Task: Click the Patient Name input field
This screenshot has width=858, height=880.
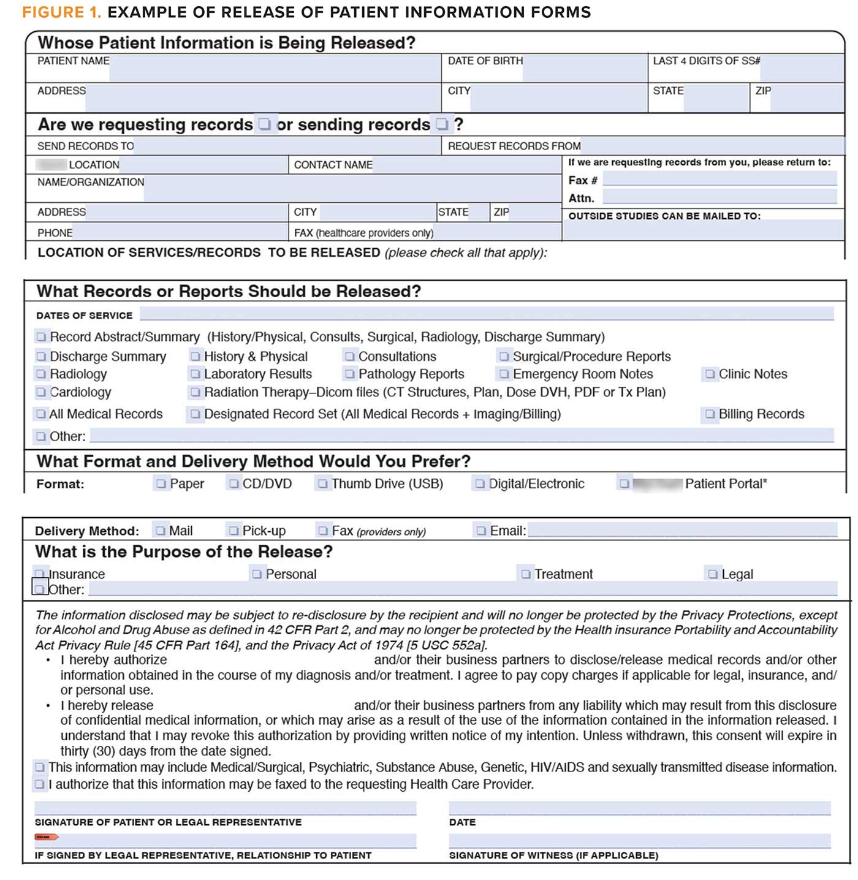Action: click(x=275, y=68)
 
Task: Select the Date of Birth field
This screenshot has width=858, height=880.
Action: click(x=584, y=68)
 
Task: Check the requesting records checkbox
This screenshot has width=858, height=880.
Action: click(x=265, y=124)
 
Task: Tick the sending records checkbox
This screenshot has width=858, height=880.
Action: click(x=442, y=124)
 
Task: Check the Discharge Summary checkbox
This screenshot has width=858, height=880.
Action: click(x=41, y=357)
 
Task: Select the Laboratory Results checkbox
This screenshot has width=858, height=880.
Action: click(x=196, y=374)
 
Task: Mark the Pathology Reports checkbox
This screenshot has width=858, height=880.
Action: click(x=350, y=374)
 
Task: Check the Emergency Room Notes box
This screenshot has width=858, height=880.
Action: click(x=504, y=374)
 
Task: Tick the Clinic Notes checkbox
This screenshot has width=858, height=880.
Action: click(x=710, y=374)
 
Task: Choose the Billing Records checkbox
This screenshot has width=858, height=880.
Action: click(x=710, y=414)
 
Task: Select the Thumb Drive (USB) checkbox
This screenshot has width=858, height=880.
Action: click(x=323, y=484)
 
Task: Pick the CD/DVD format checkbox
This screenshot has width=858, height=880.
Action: click(x=234, y=484)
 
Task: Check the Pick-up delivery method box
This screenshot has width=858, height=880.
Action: click(x=233, y=531)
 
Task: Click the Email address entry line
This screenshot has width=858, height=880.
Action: click(x=681, y=530)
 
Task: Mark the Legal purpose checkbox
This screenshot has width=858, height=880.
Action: click(x=713, y=574)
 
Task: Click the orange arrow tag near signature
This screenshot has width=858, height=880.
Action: click(x=47, y=837)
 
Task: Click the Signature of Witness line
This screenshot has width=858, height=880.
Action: click(x=639, y=841)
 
